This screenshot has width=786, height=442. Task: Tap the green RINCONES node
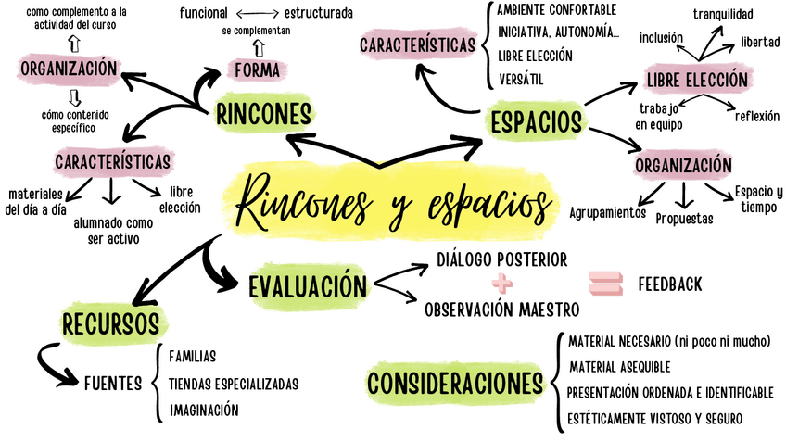coord(262,113)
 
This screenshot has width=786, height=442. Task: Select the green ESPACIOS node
coord(537,120)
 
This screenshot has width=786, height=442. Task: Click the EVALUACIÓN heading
coord(307,284)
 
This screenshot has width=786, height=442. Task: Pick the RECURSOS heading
coord(110,324)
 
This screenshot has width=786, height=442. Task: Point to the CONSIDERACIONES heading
coord(454,383)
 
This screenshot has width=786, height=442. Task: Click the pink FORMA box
coord(257,70)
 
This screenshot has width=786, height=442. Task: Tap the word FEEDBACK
coord(669,284)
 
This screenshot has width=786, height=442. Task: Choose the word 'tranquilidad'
coord(723,13)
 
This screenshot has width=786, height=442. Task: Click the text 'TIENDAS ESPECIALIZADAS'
coord(233,383)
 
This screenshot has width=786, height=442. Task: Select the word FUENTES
coord(112,383)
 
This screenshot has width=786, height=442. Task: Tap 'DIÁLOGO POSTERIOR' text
coord(501,259)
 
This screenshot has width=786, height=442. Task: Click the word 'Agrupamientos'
coord(607,212)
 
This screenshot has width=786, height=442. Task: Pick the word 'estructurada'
coord(318,13)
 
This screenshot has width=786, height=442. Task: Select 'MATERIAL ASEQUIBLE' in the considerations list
coord(619,367)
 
